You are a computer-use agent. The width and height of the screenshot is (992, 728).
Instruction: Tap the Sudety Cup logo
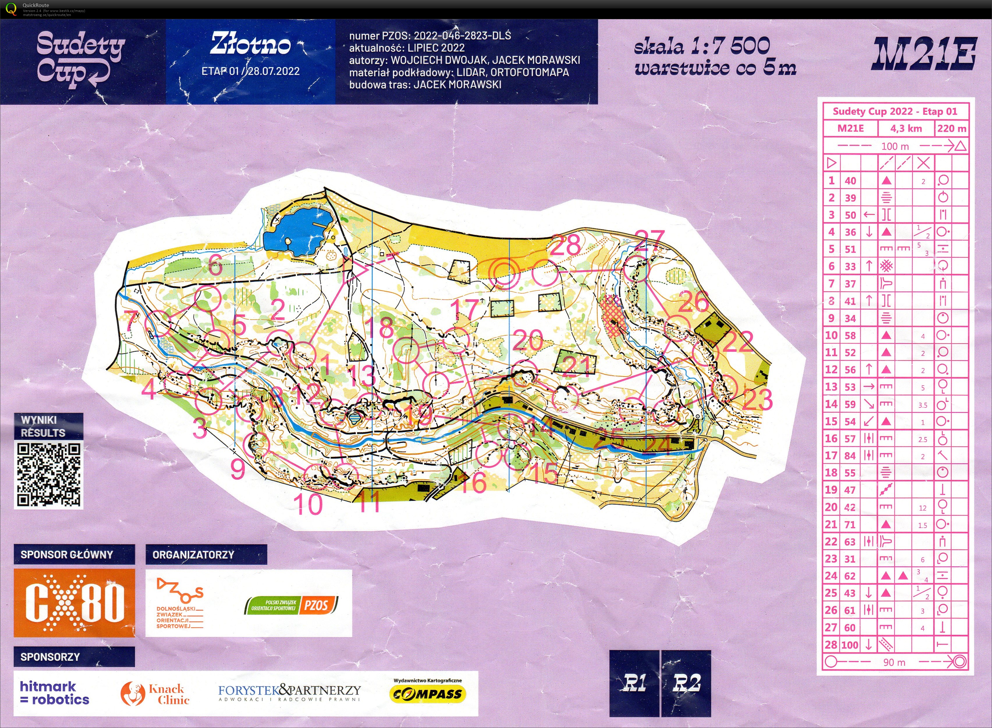pos(80,59)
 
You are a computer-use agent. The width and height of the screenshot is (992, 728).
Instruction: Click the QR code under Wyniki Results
pos(48,475)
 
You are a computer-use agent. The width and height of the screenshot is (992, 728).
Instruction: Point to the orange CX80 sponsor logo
pos(74,602)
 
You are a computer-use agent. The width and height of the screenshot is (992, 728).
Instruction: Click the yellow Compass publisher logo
pos(427,694)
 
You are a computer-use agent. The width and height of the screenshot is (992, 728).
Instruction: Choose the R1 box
pos(634,683)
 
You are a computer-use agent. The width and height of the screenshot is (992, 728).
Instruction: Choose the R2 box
pos(686,683)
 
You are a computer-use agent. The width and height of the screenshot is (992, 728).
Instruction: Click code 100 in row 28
pos(850,645)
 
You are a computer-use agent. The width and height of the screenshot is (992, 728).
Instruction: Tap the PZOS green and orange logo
pos(292,605)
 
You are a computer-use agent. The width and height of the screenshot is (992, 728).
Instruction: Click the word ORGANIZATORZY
pos(193,554)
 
